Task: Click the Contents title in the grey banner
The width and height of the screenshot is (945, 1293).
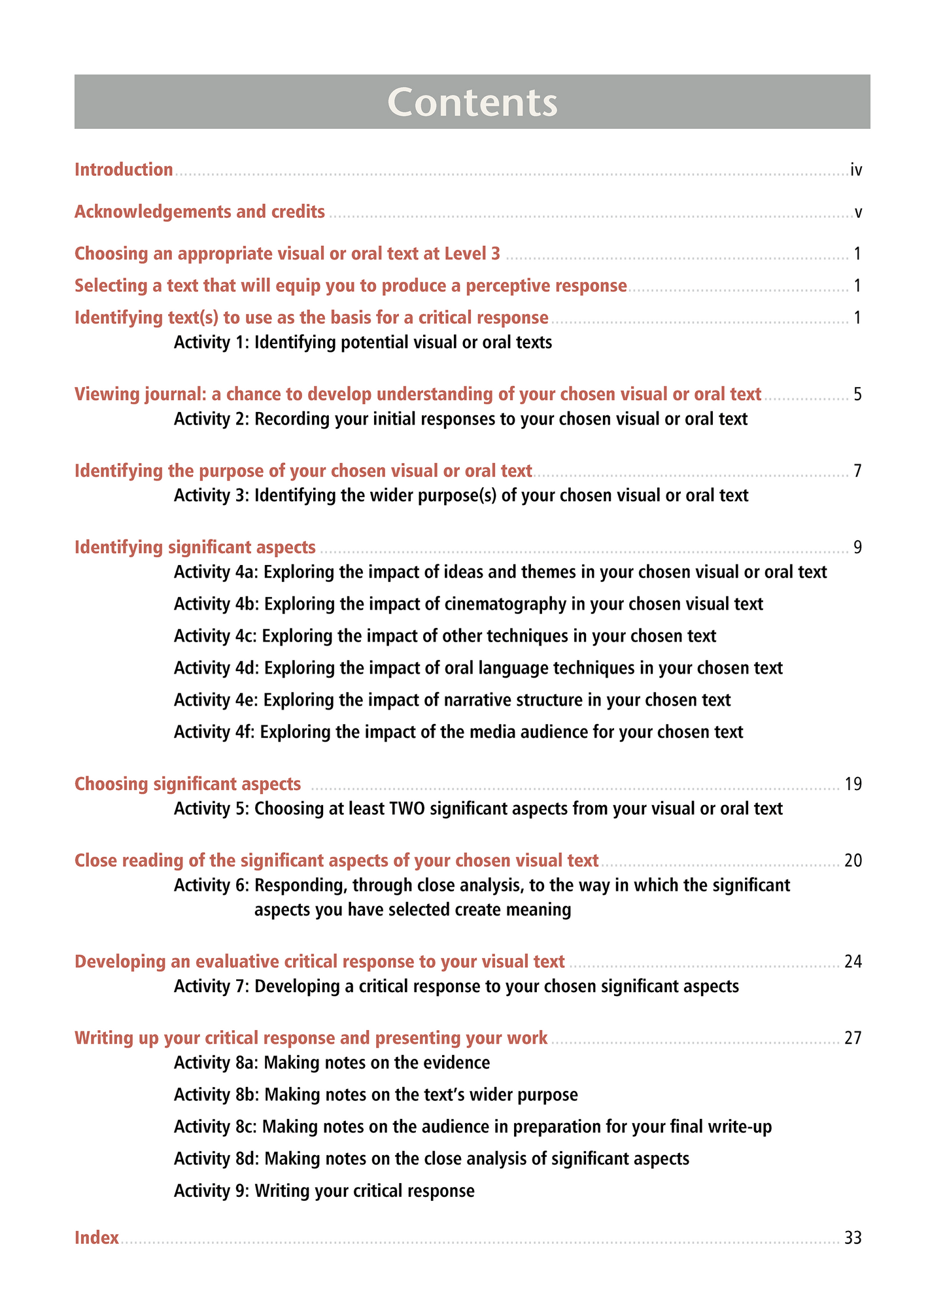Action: coord(472,102)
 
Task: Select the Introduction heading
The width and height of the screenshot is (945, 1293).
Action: coord(124,170)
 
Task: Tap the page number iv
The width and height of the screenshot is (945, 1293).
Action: coord(856,171)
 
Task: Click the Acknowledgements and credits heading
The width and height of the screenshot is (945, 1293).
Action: coord(199,212)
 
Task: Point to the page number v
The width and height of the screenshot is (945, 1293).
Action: coord(858,213)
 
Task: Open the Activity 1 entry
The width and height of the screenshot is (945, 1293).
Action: coord(363,342)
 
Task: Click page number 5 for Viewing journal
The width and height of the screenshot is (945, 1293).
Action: coord(857,394)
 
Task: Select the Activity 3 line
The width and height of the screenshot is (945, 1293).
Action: coord(461,495)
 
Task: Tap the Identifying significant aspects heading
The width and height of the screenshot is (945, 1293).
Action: coord(195,547)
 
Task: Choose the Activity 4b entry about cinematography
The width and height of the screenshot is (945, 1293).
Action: coord(468,604)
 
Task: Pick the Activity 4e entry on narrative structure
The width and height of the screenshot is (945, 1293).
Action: coord(452,700)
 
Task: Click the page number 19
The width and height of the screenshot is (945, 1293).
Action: coord(853,784)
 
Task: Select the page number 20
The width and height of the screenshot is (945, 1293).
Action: coord(853,861)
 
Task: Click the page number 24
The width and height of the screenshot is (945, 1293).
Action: coord(853,962)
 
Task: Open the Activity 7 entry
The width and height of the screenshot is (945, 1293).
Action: coord(456,986)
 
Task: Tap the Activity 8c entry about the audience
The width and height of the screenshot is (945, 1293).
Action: coord(473,1127)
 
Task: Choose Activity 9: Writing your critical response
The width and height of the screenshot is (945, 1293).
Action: coord(324,1191)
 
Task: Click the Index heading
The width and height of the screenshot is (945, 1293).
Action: coord(97,1238)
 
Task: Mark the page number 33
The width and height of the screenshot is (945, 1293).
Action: coord(853,1239)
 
